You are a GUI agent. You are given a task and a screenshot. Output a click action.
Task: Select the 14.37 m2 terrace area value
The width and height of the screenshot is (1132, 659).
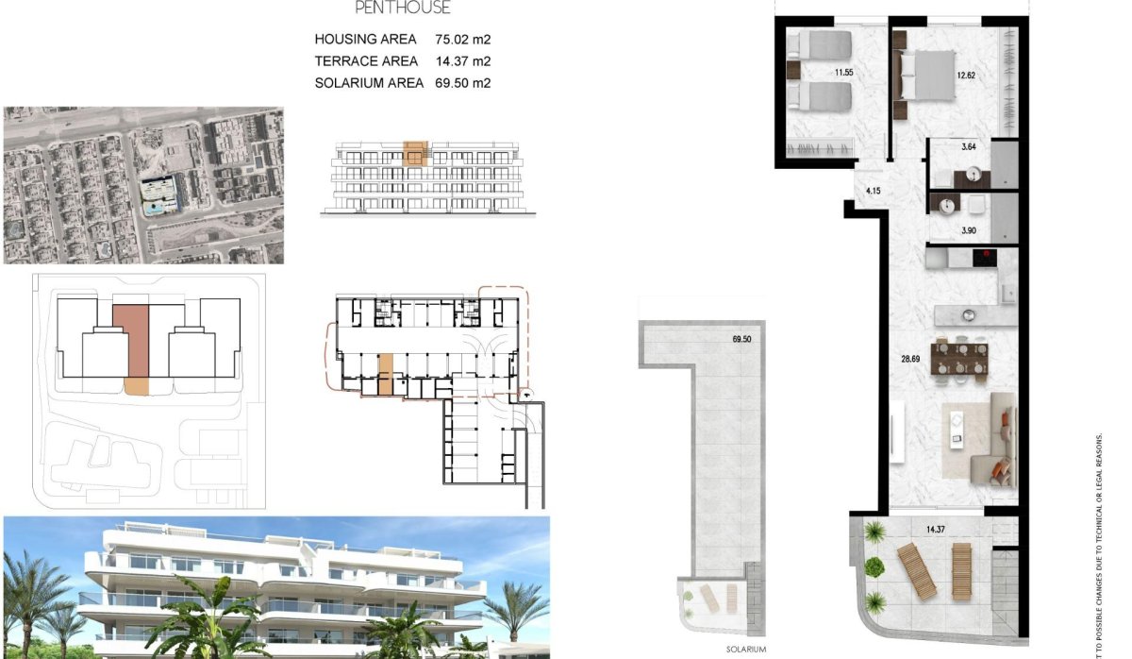coord(463,61)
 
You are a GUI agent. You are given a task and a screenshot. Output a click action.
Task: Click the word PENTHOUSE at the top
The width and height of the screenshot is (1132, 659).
coord(403,8)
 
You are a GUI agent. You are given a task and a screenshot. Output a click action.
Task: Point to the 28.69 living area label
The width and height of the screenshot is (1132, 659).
coord(910,359)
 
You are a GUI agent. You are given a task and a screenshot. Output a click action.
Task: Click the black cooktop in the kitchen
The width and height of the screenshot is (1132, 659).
coord(984,255)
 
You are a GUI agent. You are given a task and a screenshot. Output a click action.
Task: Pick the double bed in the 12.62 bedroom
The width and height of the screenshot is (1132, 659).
coord(925,75)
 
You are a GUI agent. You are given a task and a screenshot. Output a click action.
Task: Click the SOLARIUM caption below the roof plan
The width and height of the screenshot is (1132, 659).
coord(746,650)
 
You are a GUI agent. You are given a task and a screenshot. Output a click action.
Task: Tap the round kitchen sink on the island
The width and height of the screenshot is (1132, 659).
coord(967,314)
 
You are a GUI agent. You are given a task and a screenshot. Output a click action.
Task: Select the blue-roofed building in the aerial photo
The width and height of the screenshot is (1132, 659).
coord(158,194)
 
